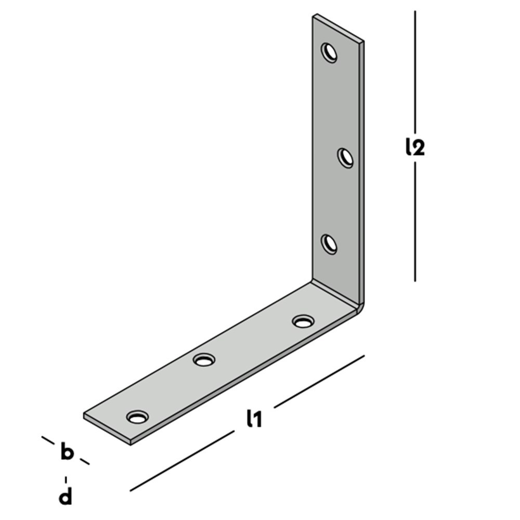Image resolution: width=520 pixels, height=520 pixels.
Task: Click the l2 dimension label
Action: tap(415, 147)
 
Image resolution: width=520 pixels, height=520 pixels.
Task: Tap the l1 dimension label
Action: tap(254, 418)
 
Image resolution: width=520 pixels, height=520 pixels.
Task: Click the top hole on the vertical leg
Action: tap(329, 53)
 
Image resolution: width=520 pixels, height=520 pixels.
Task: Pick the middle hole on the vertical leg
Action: tap(345, 158)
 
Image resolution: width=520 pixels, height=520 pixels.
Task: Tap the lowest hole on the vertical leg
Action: tap(329, 244)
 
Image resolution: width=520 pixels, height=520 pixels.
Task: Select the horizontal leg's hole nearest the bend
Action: tap(303, 321)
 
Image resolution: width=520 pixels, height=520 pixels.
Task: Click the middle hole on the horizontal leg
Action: tap(204, 359)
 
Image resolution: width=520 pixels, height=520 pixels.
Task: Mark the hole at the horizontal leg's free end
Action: tap(137, 417)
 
